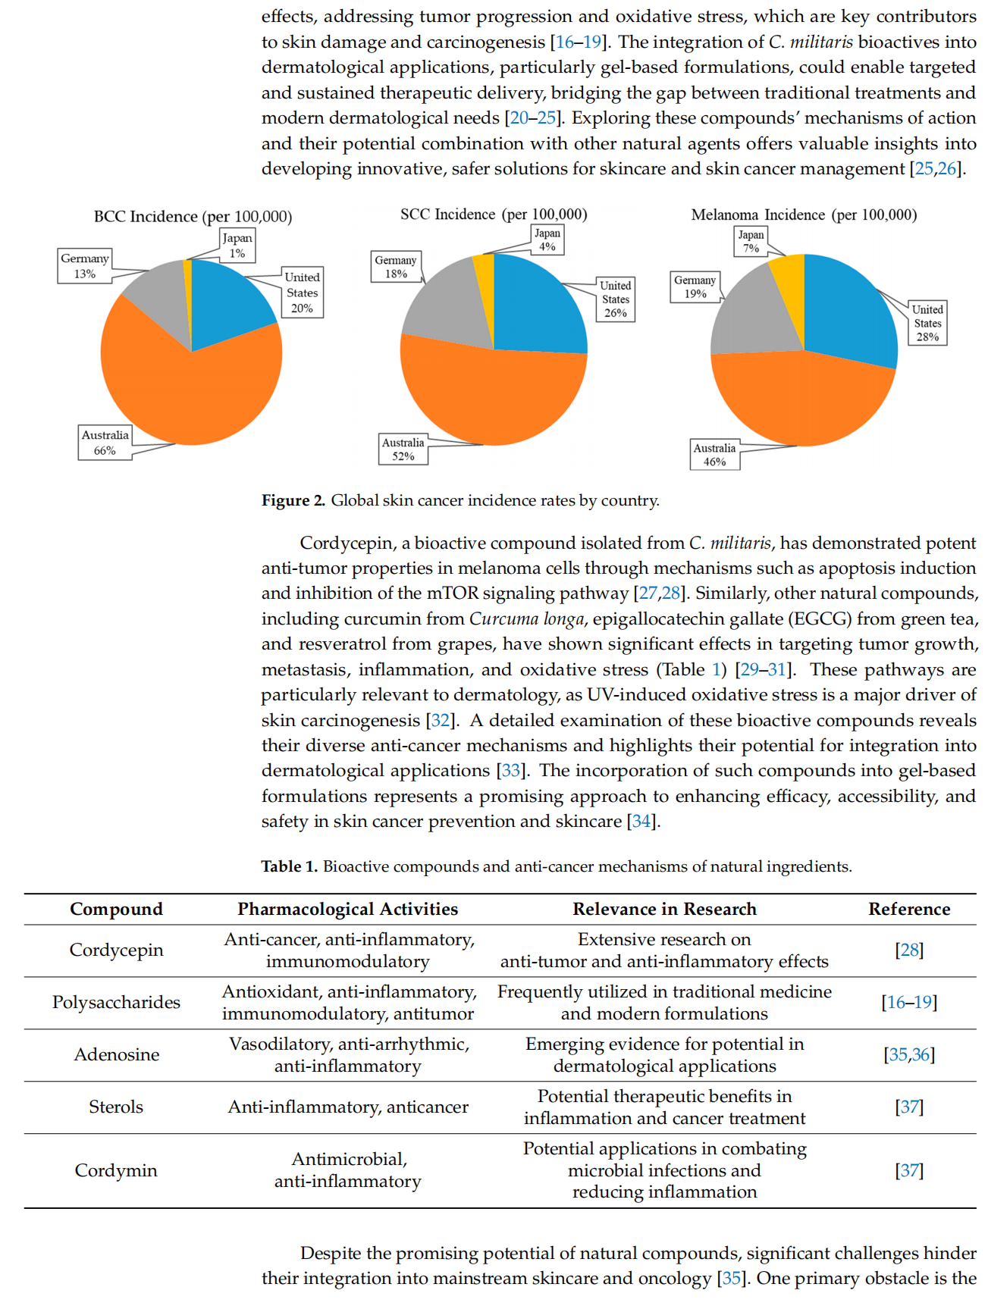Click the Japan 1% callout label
237,246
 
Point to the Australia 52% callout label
403,449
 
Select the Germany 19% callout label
695,287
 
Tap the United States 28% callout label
927,323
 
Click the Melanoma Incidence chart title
804,215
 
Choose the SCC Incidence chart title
494,215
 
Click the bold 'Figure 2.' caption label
293,500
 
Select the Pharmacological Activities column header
348,909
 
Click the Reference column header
909,909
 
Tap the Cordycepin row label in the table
116,950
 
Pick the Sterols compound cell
116,1107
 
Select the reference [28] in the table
909,950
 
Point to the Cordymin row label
116,1170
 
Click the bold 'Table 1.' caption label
290,866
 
